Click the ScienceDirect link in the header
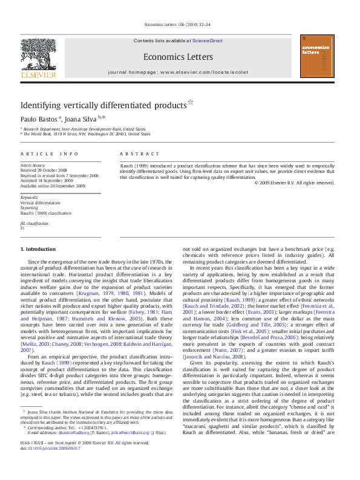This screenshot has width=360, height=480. click(x=208, y=41)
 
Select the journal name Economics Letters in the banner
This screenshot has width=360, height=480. click(x=178, y=57)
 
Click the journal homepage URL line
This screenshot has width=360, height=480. click(x=178, y=71)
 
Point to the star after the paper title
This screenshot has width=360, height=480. click(x=190, y=102)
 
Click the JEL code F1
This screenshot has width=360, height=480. click(x=22, y=229)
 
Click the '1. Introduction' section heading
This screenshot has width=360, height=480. click(x=38, y=249)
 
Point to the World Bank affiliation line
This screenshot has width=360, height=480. click(x=88, y=134)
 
